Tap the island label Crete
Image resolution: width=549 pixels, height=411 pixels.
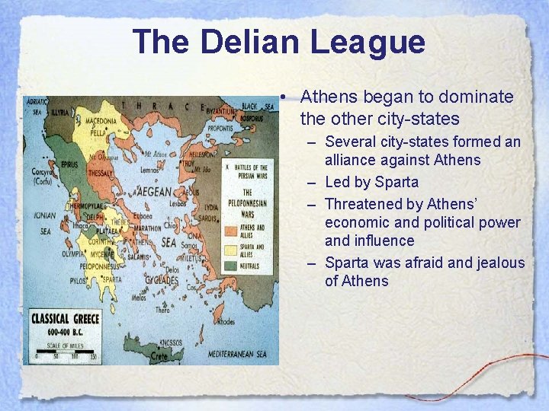(x=159, y=355)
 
